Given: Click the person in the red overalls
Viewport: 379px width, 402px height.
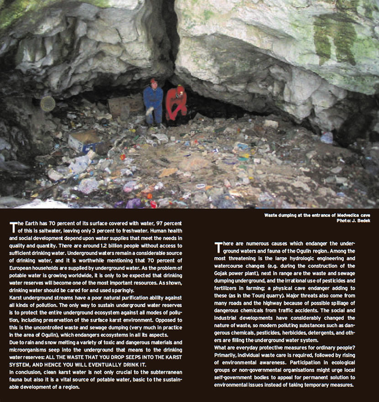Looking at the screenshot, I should click(x=176, y=104).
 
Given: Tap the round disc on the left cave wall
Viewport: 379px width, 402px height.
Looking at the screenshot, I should click(x=47, y=104).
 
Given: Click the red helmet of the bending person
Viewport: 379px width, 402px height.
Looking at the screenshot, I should click(x=180, y=89).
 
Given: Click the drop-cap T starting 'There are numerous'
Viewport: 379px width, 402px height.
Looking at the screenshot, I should click(x=218, y=247).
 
